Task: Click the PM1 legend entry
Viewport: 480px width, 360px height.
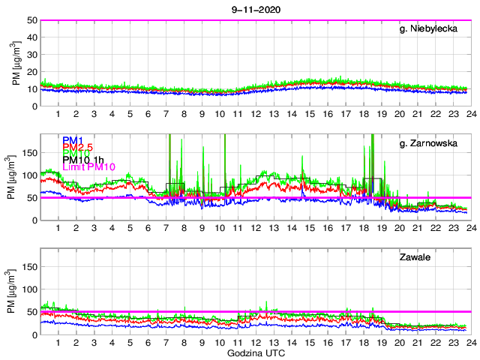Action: tap(72, 140)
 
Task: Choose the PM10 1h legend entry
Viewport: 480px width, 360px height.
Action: tap(83, 160)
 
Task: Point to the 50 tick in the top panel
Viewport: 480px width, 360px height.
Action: tap(33, 20)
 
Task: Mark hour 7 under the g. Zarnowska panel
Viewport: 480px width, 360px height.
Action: tap(166, 228)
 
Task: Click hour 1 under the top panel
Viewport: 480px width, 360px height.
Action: tap(58, 114)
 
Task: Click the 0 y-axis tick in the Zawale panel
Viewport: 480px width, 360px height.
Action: tap(35, 334)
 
